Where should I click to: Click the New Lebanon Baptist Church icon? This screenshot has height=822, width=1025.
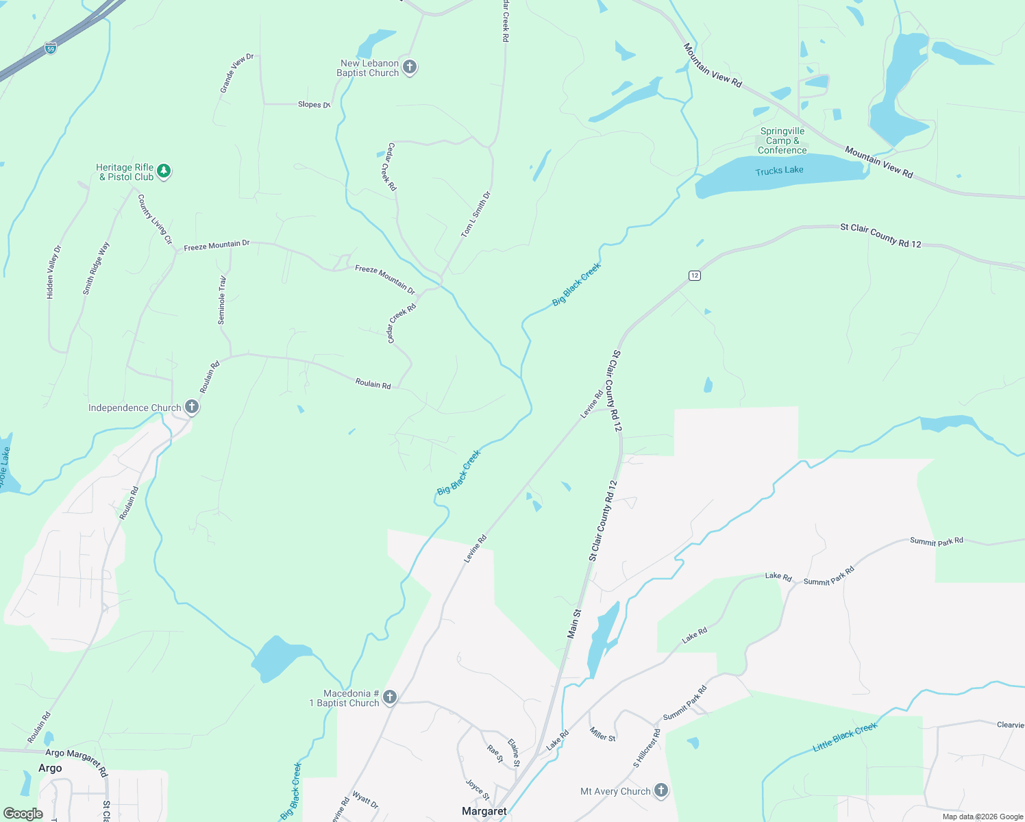tap(410, 67)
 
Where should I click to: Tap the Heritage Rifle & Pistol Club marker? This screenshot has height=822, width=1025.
tap(163, 171)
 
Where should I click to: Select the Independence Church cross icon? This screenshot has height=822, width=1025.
tap(192, 408)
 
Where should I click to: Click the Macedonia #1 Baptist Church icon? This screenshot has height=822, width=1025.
tap(390, 697)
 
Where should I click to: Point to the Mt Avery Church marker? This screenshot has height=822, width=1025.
tap(660, 790)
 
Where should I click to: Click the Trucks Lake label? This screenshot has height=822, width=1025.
tap(779, 171)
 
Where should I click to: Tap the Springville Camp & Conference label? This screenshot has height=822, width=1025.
tap(782, 140)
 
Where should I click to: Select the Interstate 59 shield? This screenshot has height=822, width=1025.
tap(51, 48)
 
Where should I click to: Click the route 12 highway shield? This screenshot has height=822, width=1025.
tap(695, 275)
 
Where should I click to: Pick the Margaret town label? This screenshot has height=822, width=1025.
tap(484, 811)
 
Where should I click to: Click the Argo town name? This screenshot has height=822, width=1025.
tap(50, 768)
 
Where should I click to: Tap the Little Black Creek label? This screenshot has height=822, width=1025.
tap(845, 737)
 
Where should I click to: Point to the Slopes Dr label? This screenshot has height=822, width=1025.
tap(314, 105)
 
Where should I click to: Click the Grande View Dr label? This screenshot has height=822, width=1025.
tap(236, 73)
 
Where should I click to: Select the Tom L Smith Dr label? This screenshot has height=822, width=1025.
tap(476, 214)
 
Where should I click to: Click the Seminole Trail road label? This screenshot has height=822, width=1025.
tap(222, 301)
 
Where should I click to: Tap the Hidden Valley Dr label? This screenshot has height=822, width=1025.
tap(53, 272)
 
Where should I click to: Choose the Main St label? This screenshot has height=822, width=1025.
tap(573, 624)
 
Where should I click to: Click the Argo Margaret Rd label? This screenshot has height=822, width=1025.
tap(76, 760)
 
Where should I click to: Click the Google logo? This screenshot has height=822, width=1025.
tap(23, 814)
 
